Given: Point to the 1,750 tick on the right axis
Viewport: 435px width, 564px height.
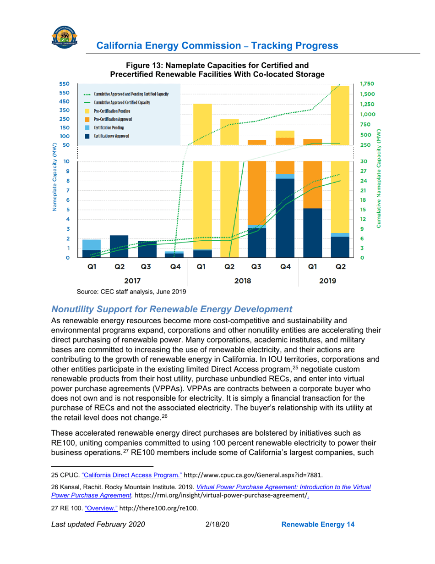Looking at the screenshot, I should click(x=367, y=84).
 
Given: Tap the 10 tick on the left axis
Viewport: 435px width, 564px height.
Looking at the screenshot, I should click(x=67, y=162).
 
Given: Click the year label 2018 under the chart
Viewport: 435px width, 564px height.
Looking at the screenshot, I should click(x=243, y=281).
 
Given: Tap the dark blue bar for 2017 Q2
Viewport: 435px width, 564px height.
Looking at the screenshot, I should click(x=119, y=246).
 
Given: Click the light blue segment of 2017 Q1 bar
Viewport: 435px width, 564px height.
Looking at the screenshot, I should click(x=92, y=244).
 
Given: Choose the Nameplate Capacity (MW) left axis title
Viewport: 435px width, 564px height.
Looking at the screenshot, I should click(x=54, y=178).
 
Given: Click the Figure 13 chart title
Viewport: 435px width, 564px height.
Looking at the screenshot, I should click(x=217, y=70).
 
